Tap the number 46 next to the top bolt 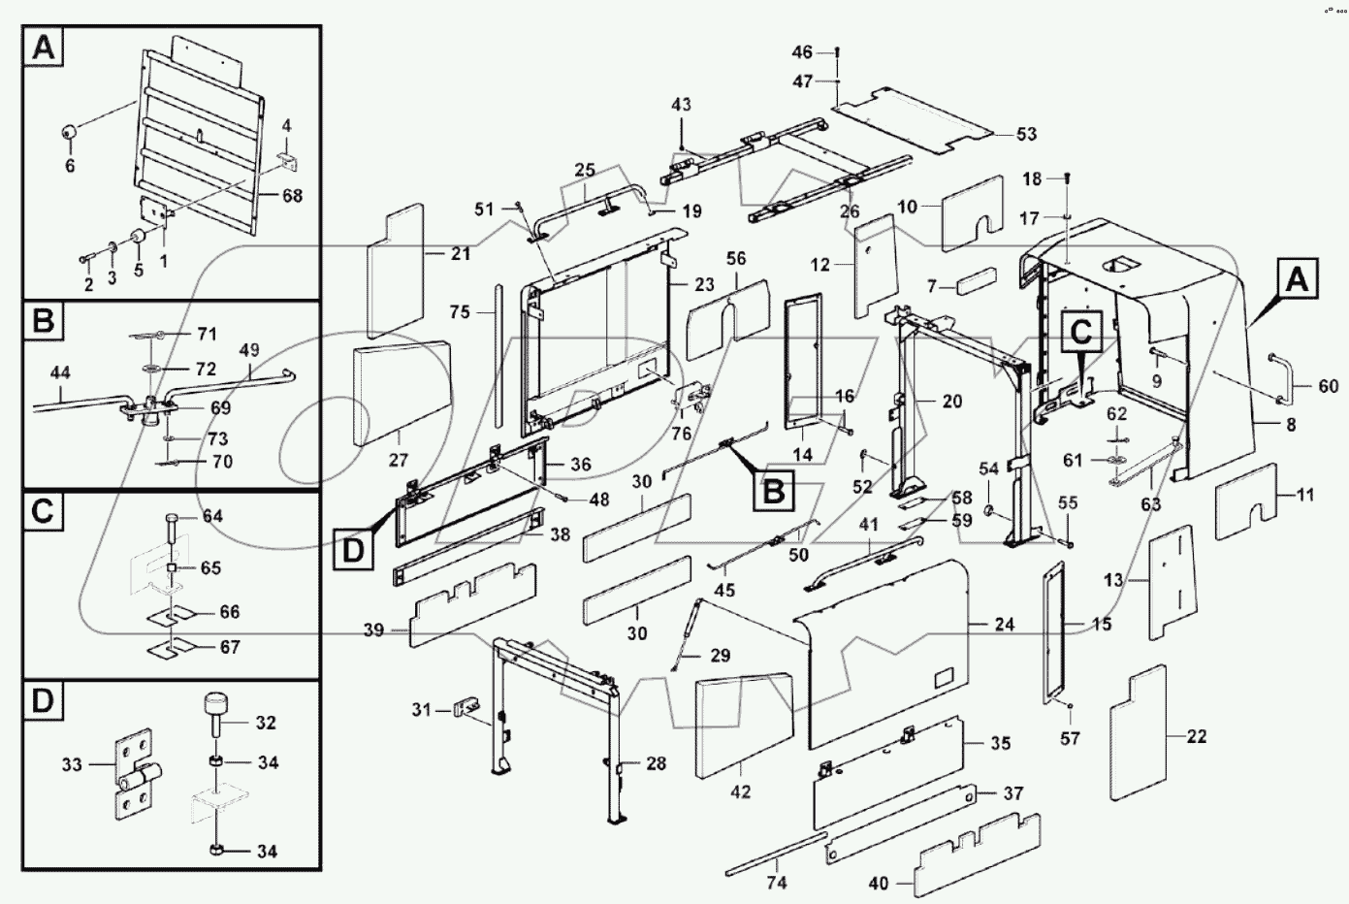pyautogui.click(x=802, y=51)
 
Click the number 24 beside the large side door pyautogui.click(x=1004, y=625)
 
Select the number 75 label pyautogui.click(x=460, y=311)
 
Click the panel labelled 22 pyautogui.click(x=1149, y=732)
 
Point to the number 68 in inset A pyautogui.click(x=291, y=195)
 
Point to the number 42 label pyautogui.click(x=740, y=792)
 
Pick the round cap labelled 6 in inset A pyautogui.click(x=72, y=133)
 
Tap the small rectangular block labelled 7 pyautogui.click(x=977, y=281)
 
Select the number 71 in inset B pyautogui.click(x=206, y=334)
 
